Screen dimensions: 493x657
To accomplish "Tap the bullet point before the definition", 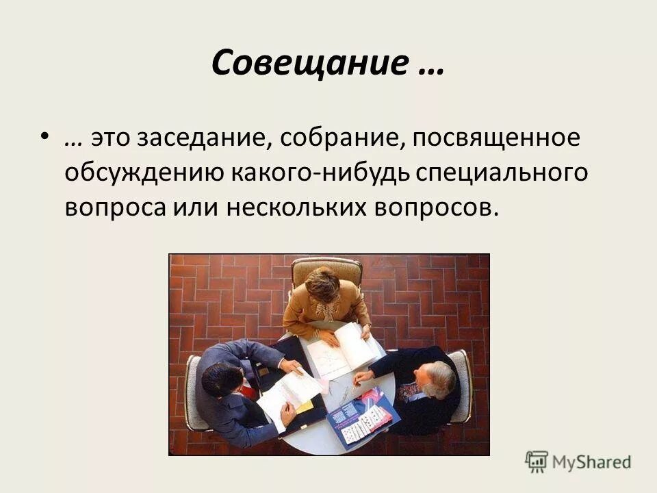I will (x=44, y=137).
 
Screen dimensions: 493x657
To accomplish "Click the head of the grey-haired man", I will (x=439, y=379).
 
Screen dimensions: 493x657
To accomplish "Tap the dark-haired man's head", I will (x=221, y=380).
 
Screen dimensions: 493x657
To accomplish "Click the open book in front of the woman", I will (x=343, y=349).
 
